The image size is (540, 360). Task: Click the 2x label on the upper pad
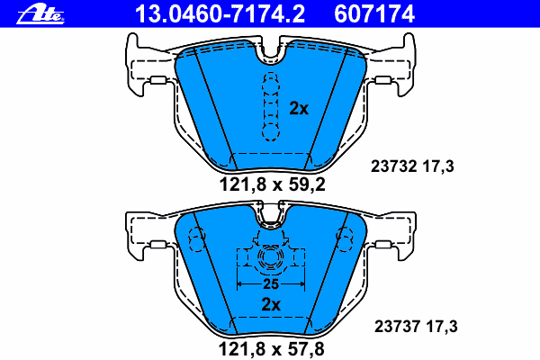tap(299, 108)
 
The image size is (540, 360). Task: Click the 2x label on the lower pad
tap(271, 304)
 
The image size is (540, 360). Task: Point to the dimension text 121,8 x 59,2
tap(272, 186)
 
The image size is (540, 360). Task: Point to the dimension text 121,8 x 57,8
tap(272, 346)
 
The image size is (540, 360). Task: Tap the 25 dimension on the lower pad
tap(271, 283)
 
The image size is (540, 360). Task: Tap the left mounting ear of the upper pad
tap(144, 67)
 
